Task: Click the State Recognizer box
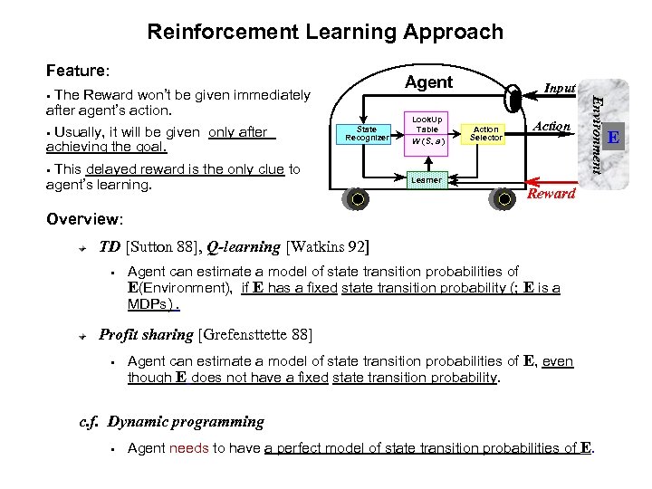pyautogui.click(x=366, y=134)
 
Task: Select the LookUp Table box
pyautogui.click(x=427, y=130)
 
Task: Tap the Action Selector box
pyautogui.click(x=486, y=134)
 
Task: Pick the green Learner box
pyautogui.click(x=427, y=179)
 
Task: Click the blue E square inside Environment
pyautogui.click(x=613, y=138)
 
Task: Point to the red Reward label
pyautogui.click(x=551, y=194)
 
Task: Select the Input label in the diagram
pyautogui.click(x=560, y=88)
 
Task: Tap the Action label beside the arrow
pyautogui.click(x=551, y=127)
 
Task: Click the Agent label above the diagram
pyautogui.click(x=428, y=82)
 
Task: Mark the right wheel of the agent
pyautogui.click(x=502, y=198)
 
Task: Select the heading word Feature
pyautogui.click(x=76, y=70)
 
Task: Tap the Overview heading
pyautogui.click(x=83, y=219)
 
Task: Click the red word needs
pyautogui.click(x=188, y=448)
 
